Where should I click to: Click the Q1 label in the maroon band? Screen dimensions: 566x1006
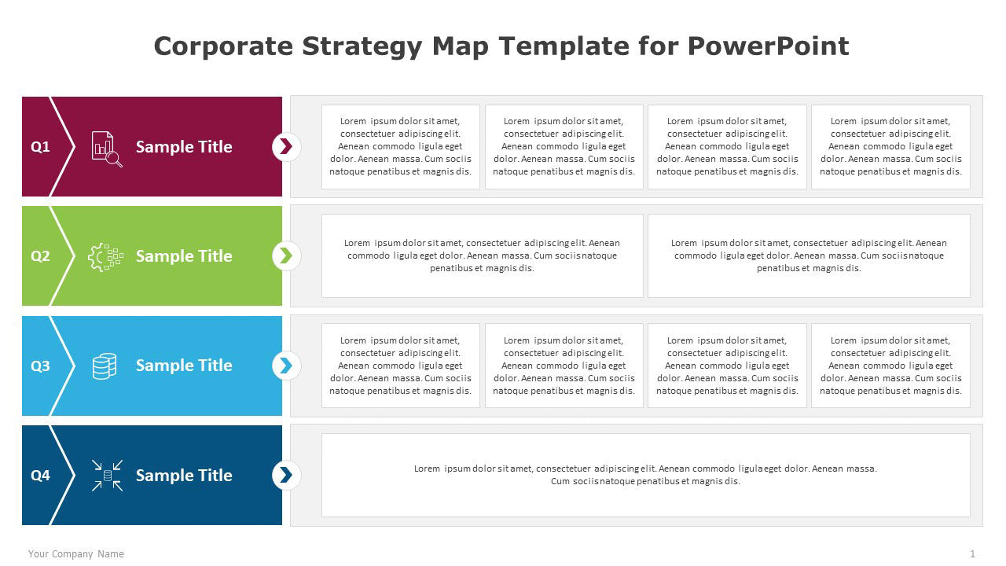pyautogui.click(x=40, y=147)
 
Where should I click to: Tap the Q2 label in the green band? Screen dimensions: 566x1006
pyautogui.click(x=40, y=256)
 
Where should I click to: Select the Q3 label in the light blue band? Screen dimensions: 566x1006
pyautogui.click(x=40, y=366)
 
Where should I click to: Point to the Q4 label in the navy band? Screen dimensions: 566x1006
pyautogui.click(x=40, y=475)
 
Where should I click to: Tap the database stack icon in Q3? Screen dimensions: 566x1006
pyautogui.click(x=105, y=366)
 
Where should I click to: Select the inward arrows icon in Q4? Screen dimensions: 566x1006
pyautogui.click(x=107, y=475)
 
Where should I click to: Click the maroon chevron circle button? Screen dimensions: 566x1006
pyautogui.click(x=286, y=146)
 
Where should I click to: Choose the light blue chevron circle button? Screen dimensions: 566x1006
pyautogui.click(x=286, y=366)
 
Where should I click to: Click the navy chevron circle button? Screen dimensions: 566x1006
pyautogui.click(x=286, y=475)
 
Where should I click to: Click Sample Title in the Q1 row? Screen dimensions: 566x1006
pyautogui.click(x=184, y=147)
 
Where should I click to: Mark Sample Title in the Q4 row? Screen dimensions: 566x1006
pyautogui.click(x=184, y=475)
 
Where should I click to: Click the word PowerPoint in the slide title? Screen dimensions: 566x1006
pyautogui.click(x=768, y=46)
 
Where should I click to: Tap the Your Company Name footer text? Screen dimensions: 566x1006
pyautogui.click(x=76, y=554)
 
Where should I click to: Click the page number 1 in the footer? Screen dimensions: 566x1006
pyautogui.click(x=972, y=554)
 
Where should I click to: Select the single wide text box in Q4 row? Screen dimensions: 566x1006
pyautogui.click(x=645, y=475)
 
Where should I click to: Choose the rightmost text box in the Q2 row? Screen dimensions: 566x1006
pyautogui.click(x=809, y=255)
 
